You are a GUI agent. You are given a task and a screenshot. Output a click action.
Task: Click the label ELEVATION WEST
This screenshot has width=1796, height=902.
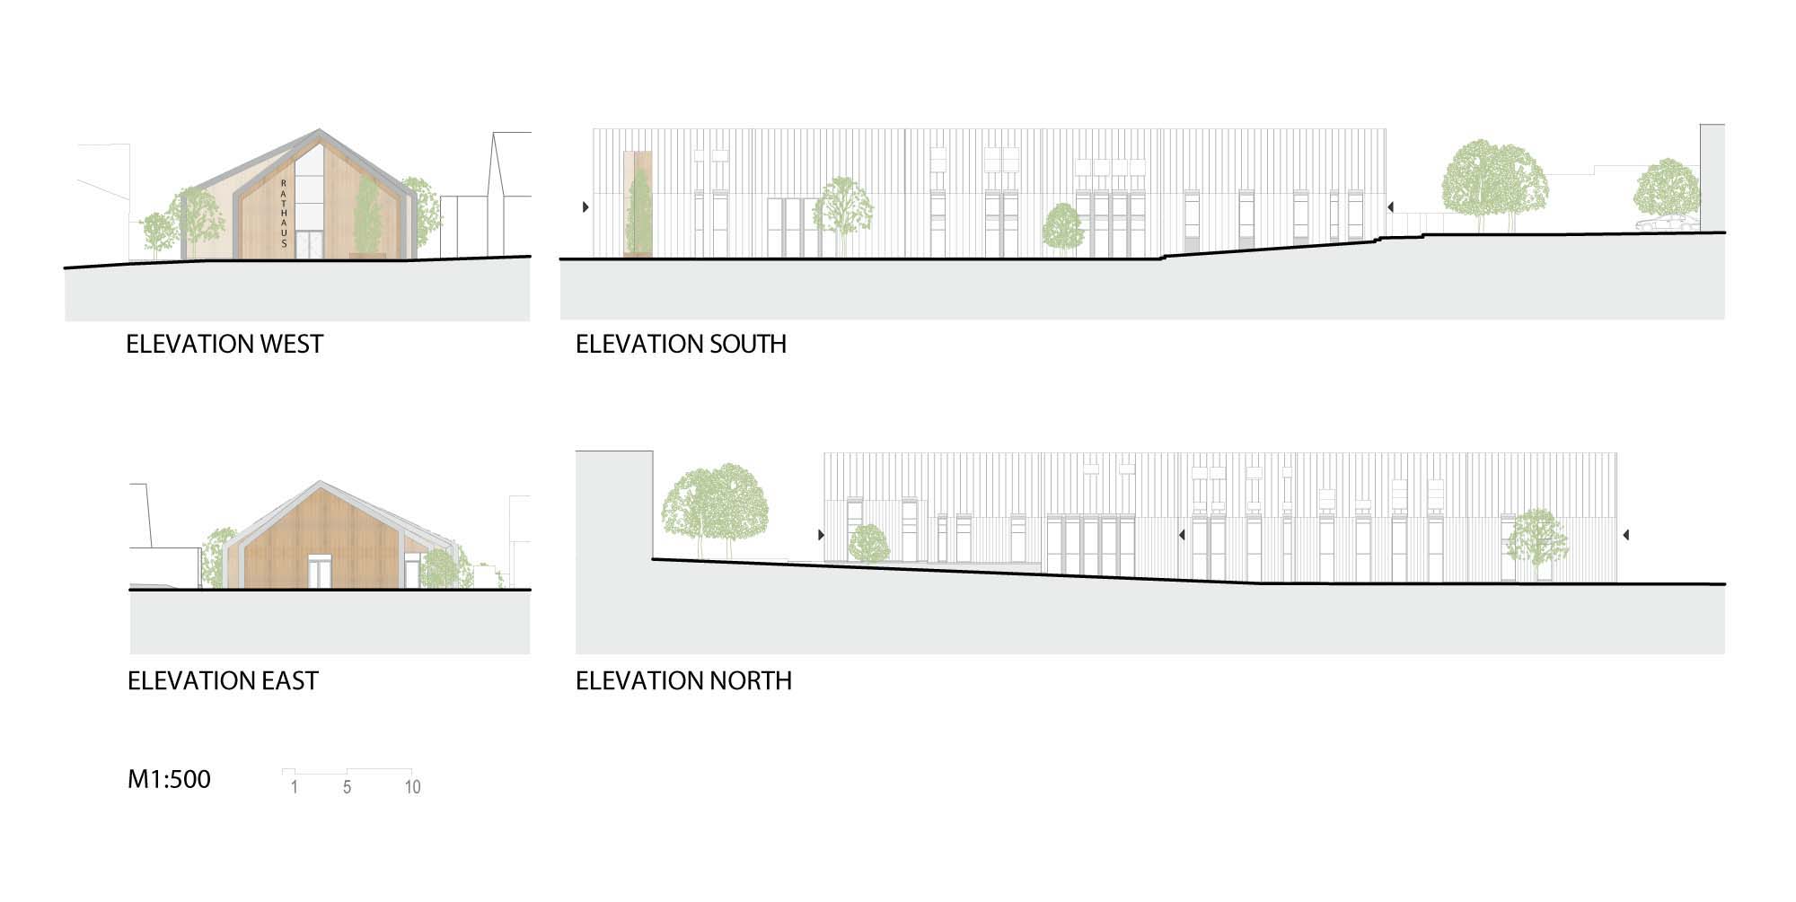[224, 345]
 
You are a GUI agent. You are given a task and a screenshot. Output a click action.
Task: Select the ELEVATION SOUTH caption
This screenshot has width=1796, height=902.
[681, 345]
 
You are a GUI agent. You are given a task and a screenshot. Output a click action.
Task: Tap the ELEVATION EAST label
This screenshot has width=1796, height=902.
[223, 681]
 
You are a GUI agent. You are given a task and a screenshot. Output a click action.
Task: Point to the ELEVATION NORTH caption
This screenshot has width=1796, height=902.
[683, 681]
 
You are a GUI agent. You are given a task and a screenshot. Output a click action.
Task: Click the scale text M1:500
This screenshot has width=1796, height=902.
[169, 779]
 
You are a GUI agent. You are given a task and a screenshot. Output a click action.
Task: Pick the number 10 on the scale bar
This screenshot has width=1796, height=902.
[412, 787]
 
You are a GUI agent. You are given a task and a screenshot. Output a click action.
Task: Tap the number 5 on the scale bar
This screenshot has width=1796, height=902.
[347, 787]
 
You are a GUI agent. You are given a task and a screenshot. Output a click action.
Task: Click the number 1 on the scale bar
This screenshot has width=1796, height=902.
[294, 787]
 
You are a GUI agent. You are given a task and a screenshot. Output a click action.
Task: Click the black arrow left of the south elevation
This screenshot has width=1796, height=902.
[585, 207]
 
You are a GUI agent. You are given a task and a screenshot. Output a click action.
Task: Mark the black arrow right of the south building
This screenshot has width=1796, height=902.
[1389, 207]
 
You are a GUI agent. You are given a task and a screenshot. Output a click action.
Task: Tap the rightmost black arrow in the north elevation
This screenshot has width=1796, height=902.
[1626, 535]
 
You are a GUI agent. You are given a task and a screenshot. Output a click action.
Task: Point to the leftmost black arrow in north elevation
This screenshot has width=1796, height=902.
[821, 535]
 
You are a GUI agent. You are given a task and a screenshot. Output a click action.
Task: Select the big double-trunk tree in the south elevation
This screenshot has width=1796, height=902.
[1494, 184]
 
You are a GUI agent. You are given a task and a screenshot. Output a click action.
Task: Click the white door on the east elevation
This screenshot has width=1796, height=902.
[319, 573]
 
